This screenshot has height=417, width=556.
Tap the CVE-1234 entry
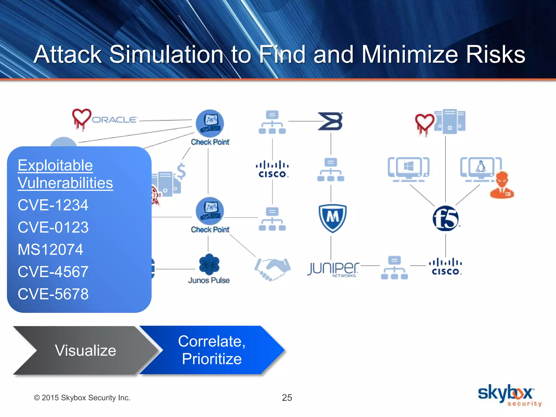point(53,205)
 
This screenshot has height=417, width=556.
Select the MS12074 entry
point(50,249)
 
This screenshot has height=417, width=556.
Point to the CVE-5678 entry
point(53,294)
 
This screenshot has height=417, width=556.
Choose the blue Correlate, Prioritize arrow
point(212,350)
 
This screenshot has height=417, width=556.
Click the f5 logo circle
point(445,219)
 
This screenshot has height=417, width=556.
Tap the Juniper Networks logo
point(333,269)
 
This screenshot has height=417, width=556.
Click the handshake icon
point(272,269)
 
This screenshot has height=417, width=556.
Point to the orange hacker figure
point(502,185)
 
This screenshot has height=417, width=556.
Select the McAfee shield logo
point(332,218)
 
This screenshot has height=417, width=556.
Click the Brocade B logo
point(331,121)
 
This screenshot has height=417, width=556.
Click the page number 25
point(287,398)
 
